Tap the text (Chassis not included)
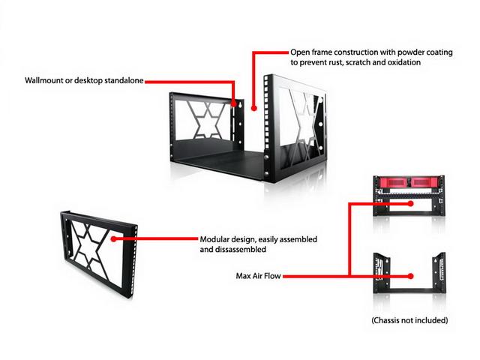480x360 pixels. [409, 320]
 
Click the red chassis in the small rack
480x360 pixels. [409, 184]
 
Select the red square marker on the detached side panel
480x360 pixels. [112, 239]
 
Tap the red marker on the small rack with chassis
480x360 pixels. [409, 202]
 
